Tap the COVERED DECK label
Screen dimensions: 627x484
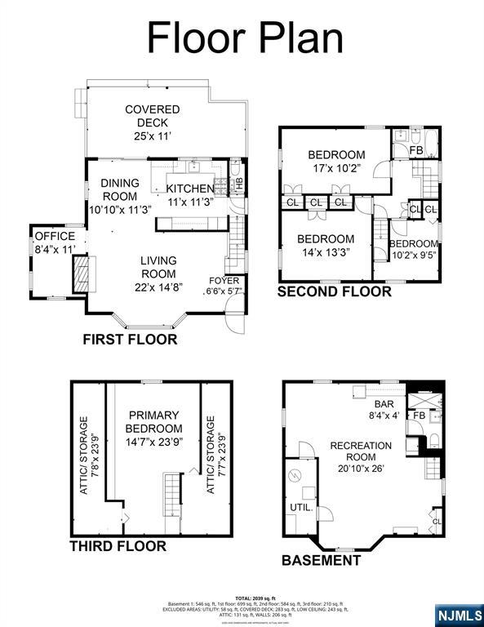tap(152, 122)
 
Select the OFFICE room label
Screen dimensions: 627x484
tap(54, 242)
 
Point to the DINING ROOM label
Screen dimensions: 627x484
tap(120, 196)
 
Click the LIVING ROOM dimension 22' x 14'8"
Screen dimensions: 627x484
tap(158, 287)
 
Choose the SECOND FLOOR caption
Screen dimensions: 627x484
tap(335, 291)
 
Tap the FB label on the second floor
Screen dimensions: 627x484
tap(415, 151)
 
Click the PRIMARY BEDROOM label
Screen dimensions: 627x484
tap(154, 429)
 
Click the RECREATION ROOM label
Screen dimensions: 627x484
tap(361, 456)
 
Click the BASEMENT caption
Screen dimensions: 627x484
tap(321, 561)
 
